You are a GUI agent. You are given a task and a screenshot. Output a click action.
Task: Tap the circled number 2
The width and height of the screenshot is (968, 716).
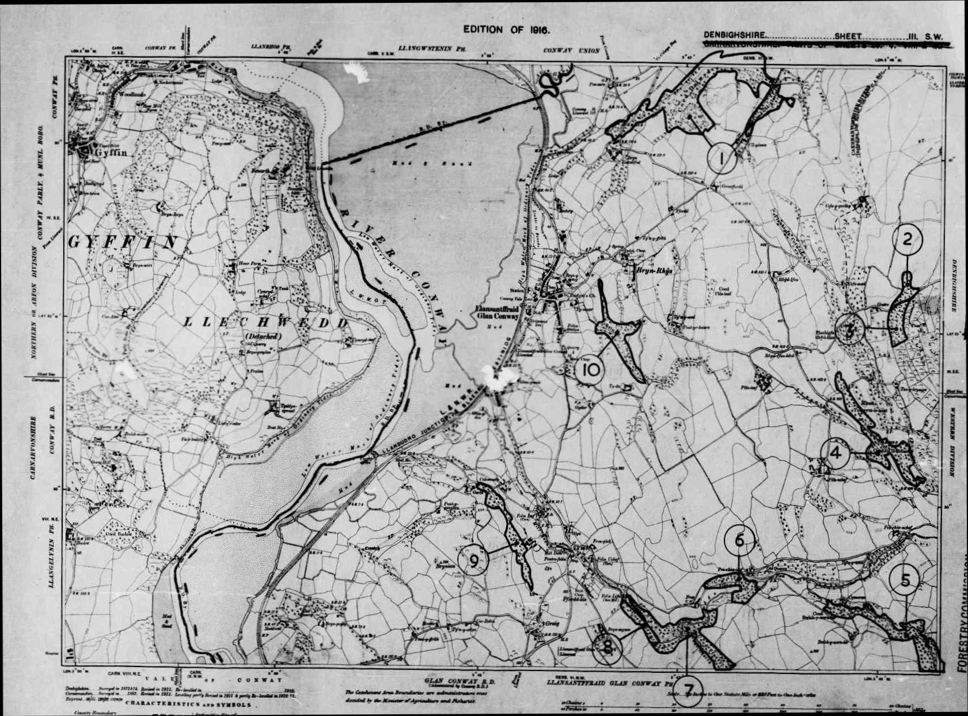908,239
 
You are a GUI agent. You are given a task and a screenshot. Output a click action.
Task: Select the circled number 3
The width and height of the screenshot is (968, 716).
849,330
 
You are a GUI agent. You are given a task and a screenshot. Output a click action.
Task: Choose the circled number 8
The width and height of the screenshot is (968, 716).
607,647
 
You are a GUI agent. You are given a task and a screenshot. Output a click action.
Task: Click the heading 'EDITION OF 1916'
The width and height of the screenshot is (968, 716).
507,30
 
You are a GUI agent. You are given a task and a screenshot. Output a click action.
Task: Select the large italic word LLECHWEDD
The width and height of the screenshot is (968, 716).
266,323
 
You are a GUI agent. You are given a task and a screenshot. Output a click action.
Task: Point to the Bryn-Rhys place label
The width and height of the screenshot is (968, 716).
653,270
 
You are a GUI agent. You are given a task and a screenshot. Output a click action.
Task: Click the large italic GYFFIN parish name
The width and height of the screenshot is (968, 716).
122,242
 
